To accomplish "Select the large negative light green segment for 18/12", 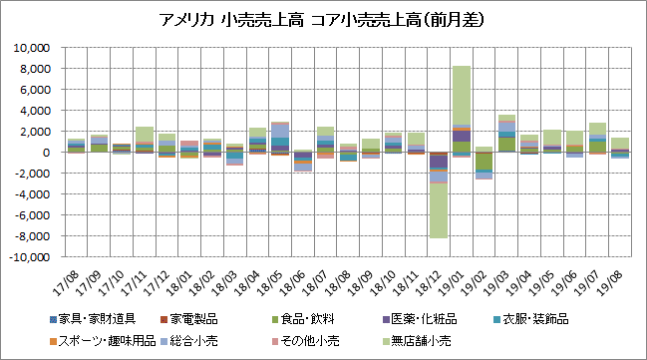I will [x=439, y=210].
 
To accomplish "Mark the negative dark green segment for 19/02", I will [x=484, y=161].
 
